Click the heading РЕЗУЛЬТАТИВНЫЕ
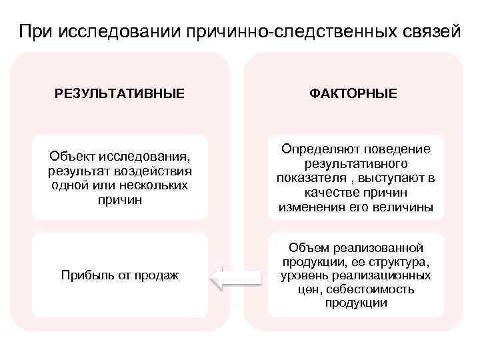tap(120, 93)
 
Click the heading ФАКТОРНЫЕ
tap(353, 93)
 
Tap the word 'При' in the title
tap(35, 31)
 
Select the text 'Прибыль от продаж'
tap(120, 275)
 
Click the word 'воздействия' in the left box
tap(154, 171)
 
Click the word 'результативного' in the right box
tap(356, 163)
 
